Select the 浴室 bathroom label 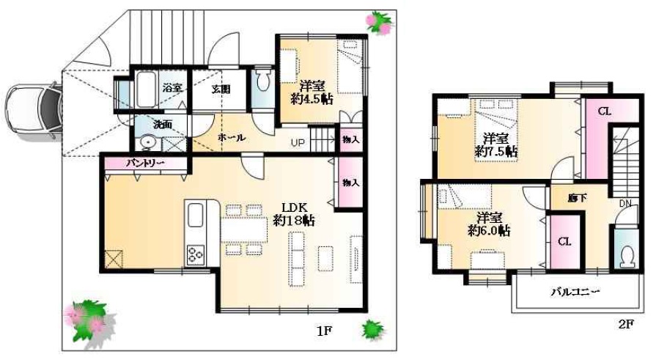172,88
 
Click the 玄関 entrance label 221,89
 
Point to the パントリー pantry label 145,164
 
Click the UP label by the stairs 298,143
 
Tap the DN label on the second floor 625,204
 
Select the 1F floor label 324,331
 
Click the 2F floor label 626,324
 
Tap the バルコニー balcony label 575,292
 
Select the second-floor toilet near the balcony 627,257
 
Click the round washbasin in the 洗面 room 147,143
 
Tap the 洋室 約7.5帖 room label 495,145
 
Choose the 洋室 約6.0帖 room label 489,224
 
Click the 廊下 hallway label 577,197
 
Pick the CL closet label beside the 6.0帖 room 564,241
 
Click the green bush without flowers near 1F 372,329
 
